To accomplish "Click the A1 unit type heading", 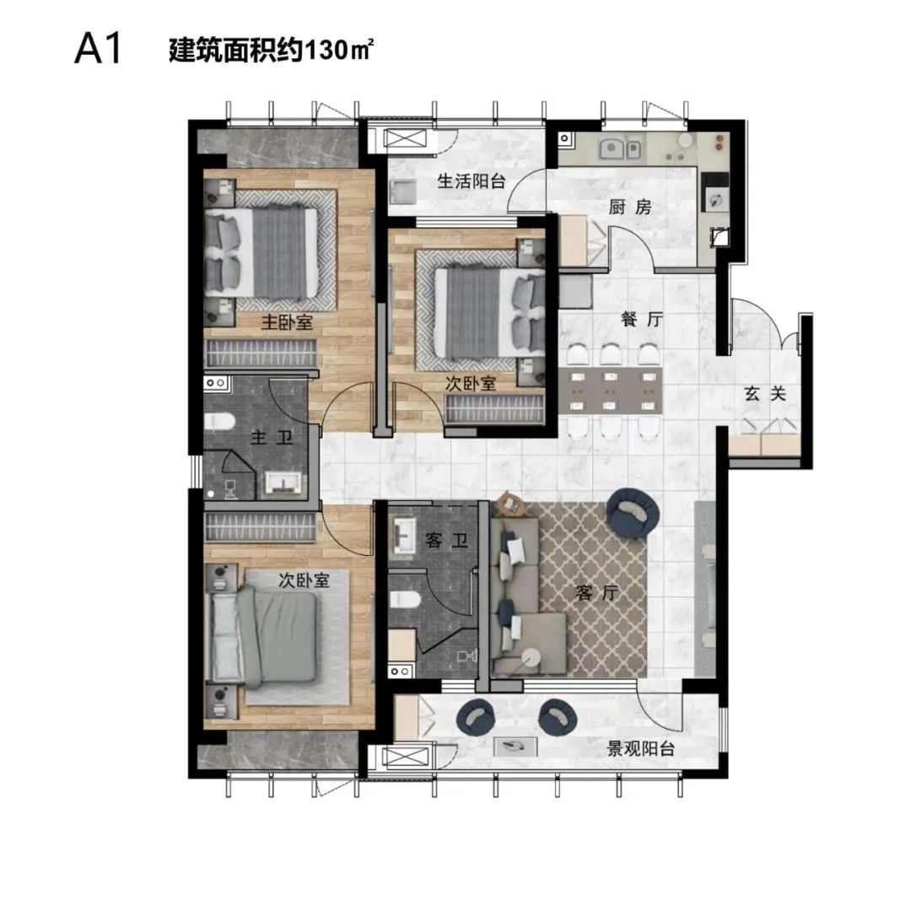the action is click(x=98, y=49).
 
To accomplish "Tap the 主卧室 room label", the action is click(x=287, y=322).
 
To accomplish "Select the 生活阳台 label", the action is click(x=472, y=181).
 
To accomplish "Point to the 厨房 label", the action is click(x=630, y=207).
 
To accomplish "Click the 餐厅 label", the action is click(x=641, y=319).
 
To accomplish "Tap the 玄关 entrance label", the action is click(x=765, y=394).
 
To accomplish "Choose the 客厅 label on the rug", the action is click(x=597, y=593).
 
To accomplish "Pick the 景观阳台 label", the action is click(x=641, y=749).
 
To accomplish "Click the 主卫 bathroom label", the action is click(x=272, y=437).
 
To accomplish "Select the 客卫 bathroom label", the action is click(x=446, y=541).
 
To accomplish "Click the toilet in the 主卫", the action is click(x=219, y=421).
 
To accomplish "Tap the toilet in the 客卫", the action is click(x=405, y=599).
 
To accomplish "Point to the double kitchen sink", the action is click(x=621, y=148).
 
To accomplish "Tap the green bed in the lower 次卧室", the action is click(x=263, y=638).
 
